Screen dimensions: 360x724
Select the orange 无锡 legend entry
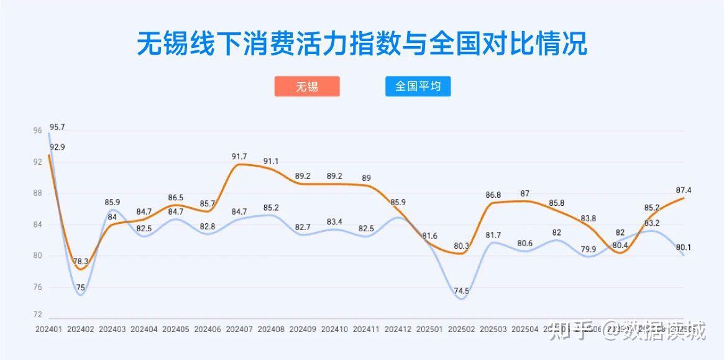(307, 86)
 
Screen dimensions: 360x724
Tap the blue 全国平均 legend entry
(418, 86)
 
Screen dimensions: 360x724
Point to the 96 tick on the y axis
(38, 131)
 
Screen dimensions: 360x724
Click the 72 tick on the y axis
(38, 315)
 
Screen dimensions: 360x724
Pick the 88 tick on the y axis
(38, 193)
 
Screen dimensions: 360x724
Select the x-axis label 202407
(239, 328)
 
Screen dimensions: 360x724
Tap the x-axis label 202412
(398, 328)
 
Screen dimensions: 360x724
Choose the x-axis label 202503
(493, 328)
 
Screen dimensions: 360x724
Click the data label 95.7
(57, 127)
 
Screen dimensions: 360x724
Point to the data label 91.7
(239, 157)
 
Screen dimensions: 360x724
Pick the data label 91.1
(271, 162)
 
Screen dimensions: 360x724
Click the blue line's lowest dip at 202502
(461, 299)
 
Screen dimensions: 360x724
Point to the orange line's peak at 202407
(239, 164)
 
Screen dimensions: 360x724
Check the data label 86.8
(493, 195)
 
